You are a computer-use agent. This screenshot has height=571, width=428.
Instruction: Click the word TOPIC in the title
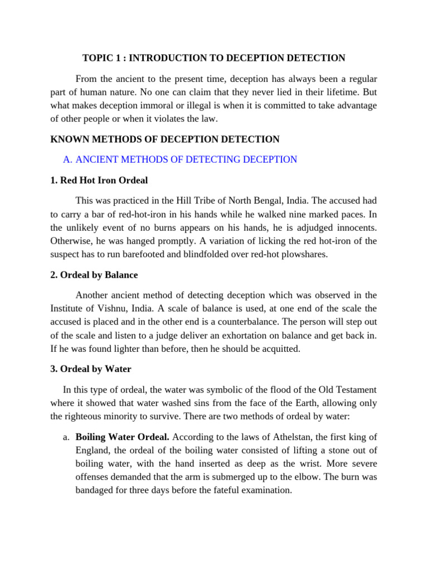click(x=96, y=58)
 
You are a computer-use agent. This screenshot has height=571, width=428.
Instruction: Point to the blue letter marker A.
click(x=67, y=159)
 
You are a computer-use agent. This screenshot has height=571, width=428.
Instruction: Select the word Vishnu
click(x=110, y=309)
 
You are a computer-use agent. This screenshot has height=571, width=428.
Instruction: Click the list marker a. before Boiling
click(x=66, y=437)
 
